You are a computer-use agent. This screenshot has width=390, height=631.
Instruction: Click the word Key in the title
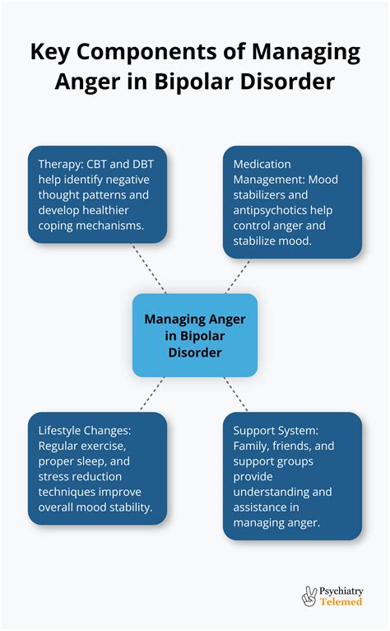[x=52, y=54]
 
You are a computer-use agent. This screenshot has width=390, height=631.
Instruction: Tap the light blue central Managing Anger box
[x=195, y=335]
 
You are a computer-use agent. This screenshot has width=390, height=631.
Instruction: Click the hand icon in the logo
[x=310, y=596]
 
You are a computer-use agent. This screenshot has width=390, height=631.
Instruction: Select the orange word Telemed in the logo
[x=341, y=602]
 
